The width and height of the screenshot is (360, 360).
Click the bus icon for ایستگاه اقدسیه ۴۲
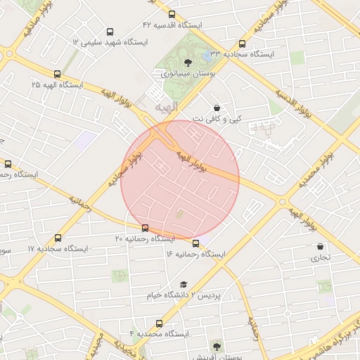pyautogui.click(x=172, y=15)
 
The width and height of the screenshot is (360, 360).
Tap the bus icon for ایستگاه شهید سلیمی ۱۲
pyautogui.click(x=109, y=32)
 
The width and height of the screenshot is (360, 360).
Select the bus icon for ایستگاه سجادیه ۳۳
pyautogui.click(x=243, y=44)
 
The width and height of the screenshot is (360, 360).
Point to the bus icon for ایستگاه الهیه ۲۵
pyautogui.click(x=57, y=74)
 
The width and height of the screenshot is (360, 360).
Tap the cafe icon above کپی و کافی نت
pyautogui.click(x=216, y=108)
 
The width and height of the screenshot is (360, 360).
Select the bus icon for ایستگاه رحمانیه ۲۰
pyautogui.click(x=146, y=228)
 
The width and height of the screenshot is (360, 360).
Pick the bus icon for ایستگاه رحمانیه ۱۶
pyautogui.click(x=195, y=244)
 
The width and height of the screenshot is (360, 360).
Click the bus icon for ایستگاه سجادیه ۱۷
pyautogui.click(x=57, y=238)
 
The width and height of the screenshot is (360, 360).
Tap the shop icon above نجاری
pyautogui.click(x=321, y=247)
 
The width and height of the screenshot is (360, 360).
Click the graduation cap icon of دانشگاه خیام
pyautogui.click(x=184, y=285)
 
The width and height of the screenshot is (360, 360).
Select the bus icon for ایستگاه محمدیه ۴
pyautogui.click(x=159, y=323)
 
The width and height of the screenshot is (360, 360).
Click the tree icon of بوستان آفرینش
pyautogui.click(x=216, y=346)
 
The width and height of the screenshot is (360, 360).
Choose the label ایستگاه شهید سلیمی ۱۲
pyautogui.click(x=110, y=43)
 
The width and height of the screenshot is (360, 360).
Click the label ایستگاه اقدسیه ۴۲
pyautogui.click(x=172, y=25)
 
